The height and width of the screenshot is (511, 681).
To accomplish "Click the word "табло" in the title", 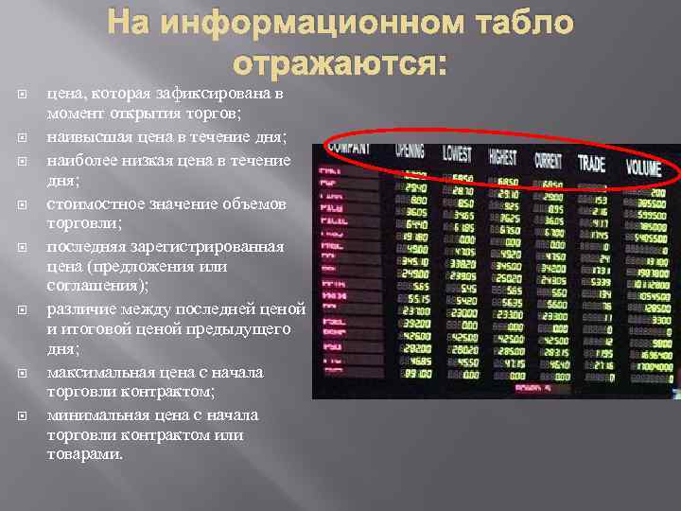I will [516, 24].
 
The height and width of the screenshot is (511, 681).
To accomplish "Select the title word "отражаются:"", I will [340, 63].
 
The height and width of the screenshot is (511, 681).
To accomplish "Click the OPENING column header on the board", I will [410, 150].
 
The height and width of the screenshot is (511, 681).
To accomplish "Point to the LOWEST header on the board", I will [457, 153].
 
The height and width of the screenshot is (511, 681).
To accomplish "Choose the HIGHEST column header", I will [502, 157].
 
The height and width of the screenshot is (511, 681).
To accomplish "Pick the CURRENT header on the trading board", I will [548, 160].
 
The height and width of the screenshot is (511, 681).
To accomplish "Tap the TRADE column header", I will [591, 164].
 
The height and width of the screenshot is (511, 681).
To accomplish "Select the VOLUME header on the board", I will [644, 167].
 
